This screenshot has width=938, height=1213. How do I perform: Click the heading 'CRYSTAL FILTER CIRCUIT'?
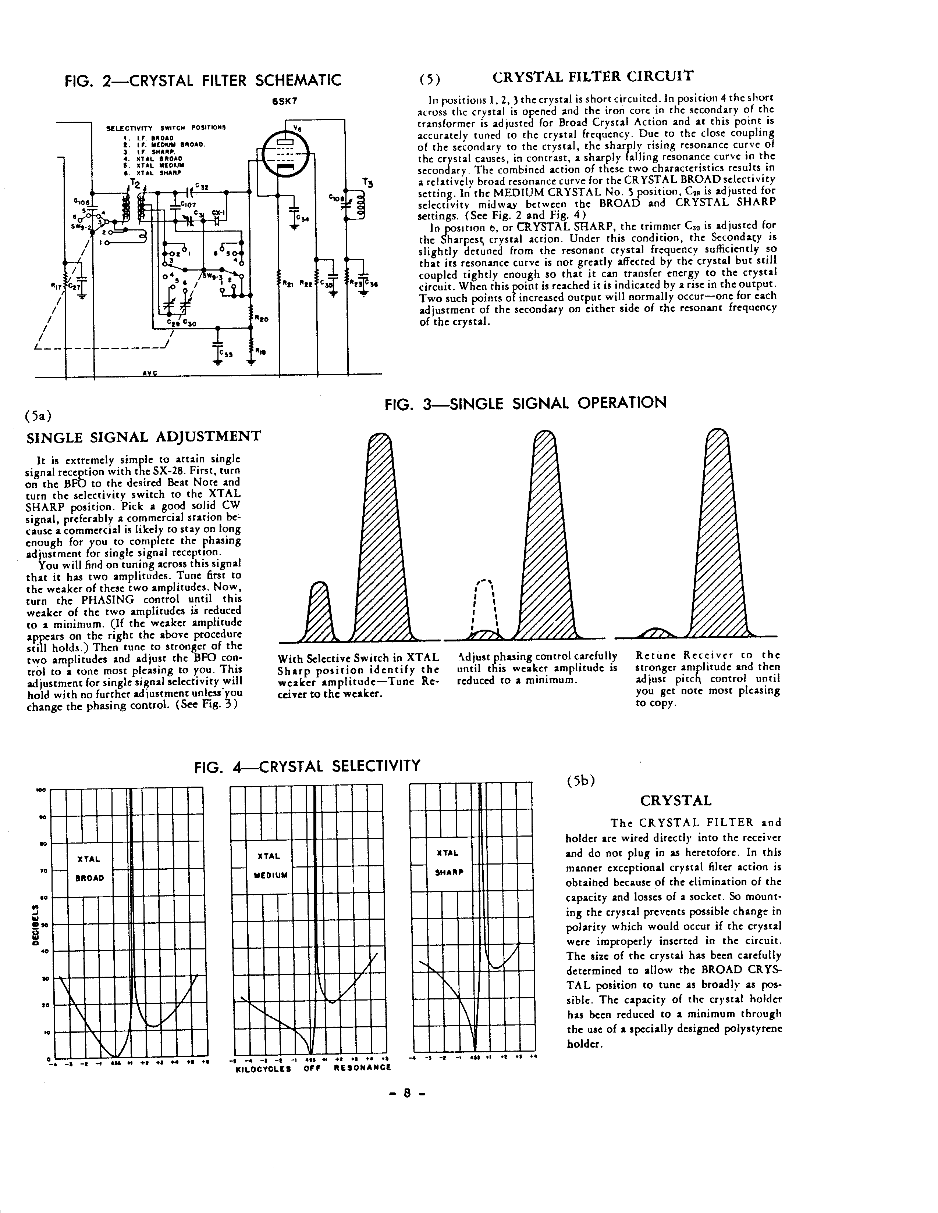pos(593,77)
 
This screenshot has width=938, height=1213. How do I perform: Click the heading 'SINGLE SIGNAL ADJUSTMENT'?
pos(144,437)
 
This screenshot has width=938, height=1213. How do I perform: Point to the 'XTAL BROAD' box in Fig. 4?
pos(89,869)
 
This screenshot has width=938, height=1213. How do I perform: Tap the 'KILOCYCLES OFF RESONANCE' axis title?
pos(313,1067)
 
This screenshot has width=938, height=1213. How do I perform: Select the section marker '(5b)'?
pos(581,780)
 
